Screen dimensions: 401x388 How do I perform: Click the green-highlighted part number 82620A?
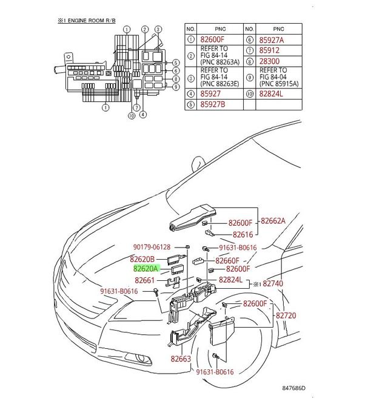[145, 268]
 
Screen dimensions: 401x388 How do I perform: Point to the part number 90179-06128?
[152, 248]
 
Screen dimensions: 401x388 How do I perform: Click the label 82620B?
[145, 259]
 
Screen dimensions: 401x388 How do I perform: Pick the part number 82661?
[145, 280]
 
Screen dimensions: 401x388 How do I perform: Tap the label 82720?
[286, 316]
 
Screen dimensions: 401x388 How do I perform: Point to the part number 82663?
[180, 359]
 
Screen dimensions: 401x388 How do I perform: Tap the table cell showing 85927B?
[216, 104]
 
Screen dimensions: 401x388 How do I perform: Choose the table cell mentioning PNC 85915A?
[278, 77]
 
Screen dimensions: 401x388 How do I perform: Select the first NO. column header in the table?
[190, 29]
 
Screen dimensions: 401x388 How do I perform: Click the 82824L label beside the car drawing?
[232, 280]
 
